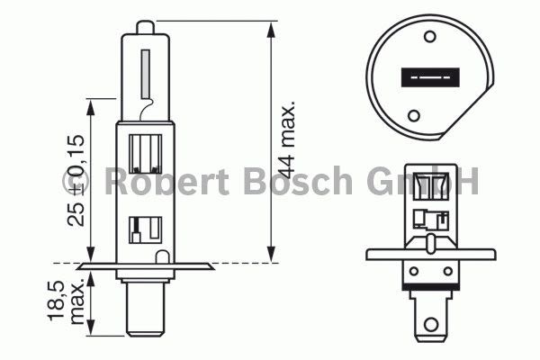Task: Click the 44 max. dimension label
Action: click(x=286, y=139)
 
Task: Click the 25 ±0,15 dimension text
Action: click(x=76, y=180)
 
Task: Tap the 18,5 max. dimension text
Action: click(x=66, y=301)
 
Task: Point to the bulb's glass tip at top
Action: click(x=145, y=27)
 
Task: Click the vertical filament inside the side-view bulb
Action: click(x=146, y=74)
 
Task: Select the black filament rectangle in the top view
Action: click(x=430, y=77)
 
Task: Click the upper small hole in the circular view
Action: click(x=430, y=36)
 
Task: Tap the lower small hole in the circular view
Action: click(x=414, y=115)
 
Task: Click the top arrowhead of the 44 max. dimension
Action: click(x=272, y=29)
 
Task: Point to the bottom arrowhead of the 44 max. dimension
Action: click(x=272, y=255)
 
